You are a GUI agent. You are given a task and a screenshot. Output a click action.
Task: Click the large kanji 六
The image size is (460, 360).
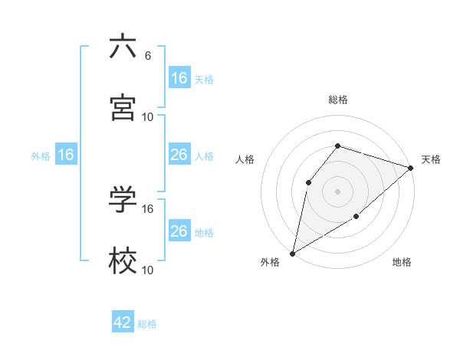[123, 47]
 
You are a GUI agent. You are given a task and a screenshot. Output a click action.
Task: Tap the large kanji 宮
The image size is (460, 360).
[123, 107]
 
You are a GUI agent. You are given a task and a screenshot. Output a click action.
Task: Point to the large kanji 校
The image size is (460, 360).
[123, 260]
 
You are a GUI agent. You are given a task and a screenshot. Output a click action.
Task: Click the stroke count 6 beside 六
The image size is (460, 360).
[147, 56]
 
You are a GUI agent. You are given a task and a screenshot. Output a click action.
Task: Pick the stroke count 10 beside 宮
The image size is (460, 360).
[148, 116]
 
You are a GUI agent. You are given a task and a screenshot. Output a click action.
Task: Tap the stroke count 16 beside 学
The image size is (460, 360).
[148, 208]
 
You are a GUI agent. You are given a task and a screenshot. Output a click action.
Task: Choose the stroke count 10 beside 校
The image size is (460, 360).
[148, 270]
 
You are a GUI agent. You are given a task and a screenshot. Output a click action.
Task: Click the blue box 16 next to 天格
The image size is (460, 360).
[179, 78]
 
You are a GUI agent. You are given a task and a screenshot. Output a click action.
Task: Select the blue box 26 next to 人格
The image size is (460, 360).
[179, 155]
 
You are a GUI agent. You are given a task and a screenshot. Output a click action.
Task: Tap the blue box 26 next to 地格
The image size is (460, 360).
[179, 231]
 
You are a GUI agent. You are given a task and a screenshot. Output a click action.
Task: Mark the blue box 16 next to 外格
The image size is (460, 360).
[66, 155]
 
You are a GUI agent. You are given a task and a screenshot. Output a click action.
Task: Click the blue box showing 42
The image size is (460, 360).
[123, 323]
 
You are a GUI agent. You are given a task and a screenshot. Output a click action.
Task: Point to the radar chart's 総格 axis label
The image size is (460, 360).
[337, 100]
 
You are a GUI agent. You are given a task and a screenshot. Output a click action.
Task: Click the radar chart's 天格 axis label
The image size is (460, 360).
[431, 159]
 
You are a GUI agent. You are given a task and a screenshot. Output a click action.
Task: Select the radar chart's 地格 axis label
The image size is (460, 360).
[402, 263]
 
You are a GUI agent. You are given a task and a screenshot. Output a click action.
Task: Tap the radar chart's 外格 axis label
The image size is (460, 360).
[270, 263]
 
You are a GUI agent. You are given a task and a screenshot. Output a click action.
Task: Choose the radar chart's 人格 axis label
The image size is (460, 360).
[245, 159]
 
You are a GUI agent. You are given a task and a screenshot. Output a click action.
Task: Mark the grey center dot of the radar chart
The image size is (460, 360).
[337, 191]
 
